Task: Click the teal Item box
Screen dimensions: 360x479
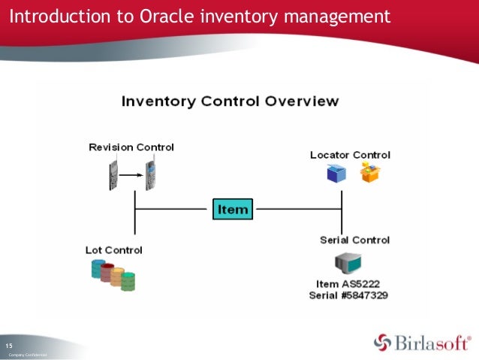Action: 232,209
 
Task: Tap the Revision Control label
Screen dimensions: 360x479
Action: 131,147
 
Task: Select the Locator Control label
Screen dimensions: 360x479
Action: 350,155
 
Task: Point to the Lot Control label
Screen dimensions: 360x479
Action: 113,250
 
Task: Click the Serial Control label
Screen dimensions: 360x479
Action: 354,240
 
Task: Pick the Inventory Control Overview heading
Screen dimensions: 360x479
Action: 230,101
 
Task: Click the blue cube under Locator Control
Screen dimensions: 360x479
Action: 335,174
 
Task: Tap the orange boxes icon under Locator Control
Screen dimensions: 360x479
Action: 370,173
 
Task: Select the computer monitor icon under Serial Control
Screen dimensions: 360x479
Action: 348,263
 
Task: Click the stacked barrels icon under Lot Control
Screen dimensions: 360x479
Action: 113,274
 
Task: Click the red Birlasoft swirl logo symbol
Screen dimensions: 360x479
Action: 383,343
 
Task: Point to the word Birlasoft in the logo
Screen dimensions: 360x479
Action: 432,343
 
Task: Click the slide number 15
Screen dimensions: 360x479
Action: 11,345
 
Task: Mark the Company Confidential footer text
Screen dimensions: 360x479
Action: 28,354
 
